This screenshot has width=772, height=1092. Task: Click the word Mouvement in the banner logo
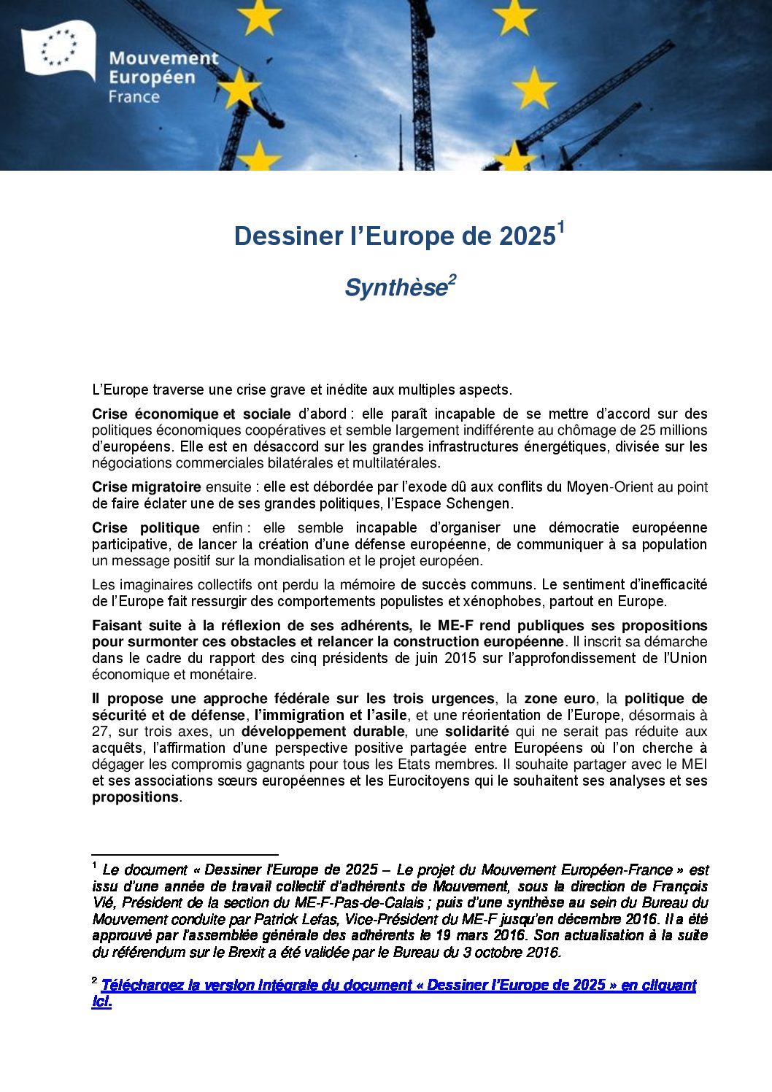click(x=163, y=58)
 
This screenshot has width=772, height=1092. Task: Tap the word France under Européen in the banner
click(x=134, y=96)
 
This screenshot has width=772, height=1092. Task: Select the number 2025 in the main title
click(x=527, y=236)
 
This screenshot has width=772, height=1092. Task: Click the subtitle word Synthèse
click(x=395, y=288)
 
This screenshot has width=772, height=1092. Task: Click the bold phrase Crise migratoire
click(x=146, y=487)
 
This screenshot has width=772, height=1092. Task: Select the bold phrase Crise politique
click(x=145, y=527)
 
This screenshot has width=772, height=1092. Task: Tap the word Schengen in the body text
click(x=478, y=503)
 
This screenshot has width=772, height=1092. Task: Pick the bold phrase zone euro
click(x=560, y=698)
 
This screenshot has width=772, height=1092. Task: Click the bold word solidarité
click(x=476, y=731)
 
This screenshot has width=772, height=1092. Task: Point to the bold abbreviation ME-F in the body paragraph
click(x=456, y=625)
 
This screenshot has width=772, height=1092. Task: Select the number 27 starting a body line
click(x=100, y=731)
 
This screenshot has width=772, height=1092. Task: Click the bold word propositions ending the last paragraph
click(x=135, y=797)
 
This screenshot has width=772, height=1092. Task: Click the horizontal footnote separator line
click(x=185, y=854)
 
